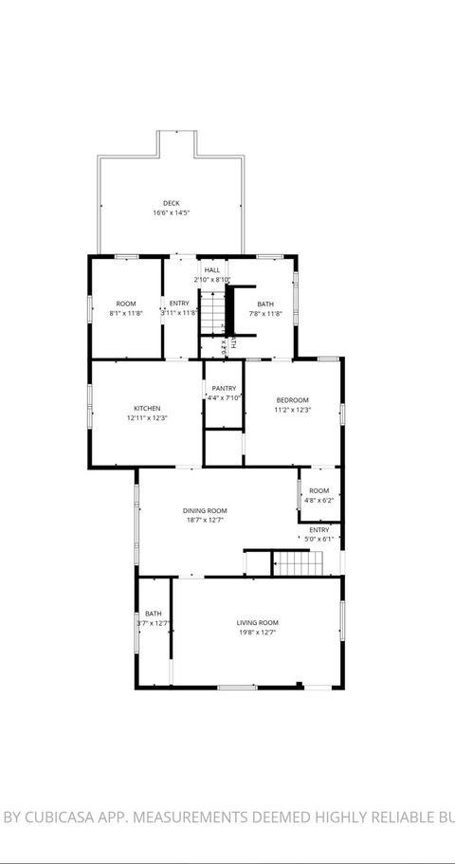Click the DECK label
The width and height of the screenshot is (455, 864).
pyautogui.click(x=171, y=203)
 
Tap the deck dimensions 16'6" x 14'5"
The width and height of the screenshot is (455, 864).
pyautogui.click(x=171, y=213)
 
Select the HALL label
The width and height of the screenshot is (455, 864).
pyautogui.click(x=212, y=270)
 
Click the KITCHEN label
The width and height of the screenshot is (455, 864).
pyautogui.click(x=147, y=408)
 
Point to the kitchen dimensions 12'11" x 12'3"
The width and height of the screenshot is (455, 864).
pyautogui.click(x=147, y=418)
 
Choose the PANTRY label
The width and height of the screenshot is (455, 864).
pyautogui.click(x=225, y=388)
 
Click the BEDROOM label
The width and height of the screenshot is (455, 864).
pyautogui.click(x=292, y=400)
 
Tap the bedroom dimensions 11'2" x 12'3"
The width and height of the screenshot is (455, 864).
pyautogui.click(x=292, y=411)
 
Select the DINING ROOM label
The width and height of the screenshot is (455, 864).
pyautogui.click(x=205, y=510)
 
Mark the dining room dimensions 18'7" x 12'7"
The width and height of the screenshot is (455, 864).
pyautogui.click(x=205, y=521)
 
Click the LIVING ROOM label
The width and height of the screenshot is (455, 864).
pyautogui.click(x=258, y=622)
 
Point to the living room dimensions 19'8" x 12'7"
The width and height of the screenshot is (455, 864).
pyautogui.click(x=258, y=633)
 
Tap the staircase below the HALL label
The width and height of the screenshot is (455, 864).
pyautogui.click(x=213, y=313)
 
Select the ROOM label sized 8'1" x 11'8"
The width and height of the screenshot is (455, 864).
pyautogui.click(x=126, y=303)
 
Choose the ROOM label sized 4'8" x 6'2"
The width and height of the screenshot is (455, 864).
pyautogui.click(x=319, y=490)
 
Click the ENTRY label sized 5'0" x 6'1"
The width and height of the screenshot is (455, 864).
pyautogui.click(x=319, y=529)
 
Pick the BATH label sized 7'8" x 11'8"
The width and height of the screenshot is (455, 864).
pyautogui.click(x=266, y=303)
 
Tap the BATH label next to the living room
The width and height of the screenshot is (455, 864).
pyautogui.click(x=154, y=614)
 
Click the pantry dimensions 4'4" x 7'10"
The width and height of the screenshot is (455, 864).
pyautogui.click(x=225, y=398)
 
